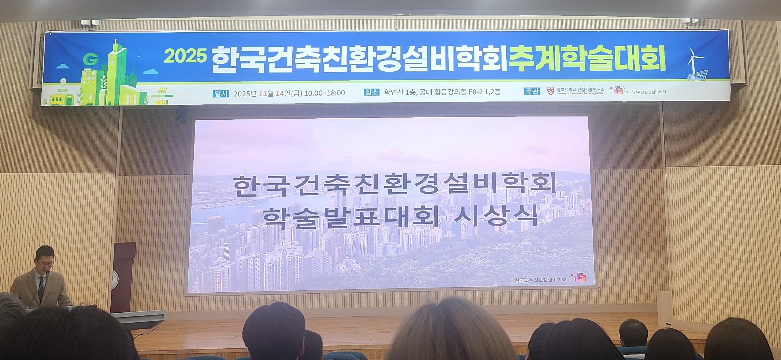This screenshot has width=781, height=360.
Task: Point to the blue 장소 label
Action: click(371, 92)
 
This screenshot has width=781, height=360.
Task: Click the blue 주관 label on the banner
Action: click(532, 91)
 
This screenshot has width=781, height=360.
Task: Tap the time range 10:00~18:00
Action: click(324, 93)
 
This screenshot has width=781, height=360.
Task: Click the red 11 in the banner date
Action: click(262, 93)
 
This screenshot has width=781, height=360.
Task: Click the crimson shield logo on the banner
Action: click(551, 91)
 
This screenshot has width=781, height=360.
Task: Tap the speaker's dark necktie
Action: click(41, 287)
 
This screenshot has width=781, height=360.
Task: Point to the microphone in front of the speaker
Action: click(47, 272)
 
